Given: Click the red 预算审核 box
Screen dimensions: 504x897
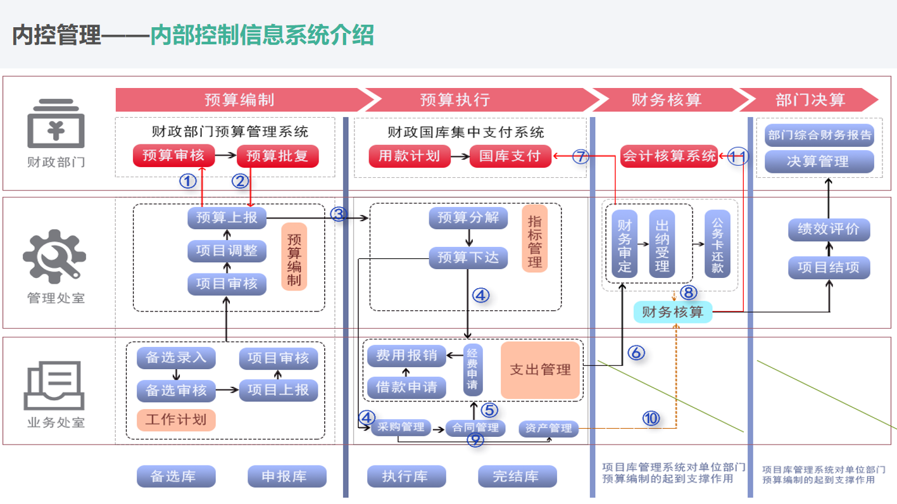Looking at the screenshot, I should point(173,155).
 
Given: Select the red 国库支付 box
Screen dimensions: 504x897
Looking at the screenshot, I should point(510,156).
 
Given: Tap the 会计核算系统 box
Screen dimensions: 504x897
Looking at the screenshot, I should point(669,156).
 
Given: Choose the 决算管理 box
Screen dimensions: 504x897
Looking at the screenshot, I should point(819,161).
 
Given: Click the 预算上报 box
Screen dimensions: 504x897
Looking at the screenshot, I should point(227,218).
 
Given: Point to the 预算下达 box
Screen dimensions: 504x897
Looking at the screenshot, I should point(468,257).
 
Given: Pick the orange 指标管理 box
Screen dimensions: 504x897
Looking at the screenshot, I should point(535,239).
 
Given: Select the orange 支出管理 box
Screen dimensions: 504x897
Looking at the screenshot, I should point(541,370).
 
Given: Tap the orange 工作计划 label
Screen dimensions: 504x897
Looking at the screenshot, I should point(176,419).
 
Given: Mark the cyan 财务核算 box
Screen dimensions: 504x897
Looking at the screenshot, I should point(672,312).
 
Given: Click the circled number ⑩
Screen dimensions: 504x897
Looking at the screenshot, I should point(651,418).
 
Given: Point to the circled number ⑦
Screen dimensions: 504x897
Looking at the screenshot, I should point(581,156).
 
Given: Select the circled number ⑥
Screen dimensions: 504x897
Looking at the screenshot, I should point(636,353).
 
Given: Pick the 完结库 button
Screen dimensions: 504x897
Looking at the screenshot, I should point(517,476).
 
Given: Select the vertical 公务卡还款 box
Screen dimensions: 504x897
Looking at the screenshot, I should point(717,244).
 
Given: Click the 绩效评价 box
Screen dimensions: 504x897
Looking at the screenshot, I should point(828,229).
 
